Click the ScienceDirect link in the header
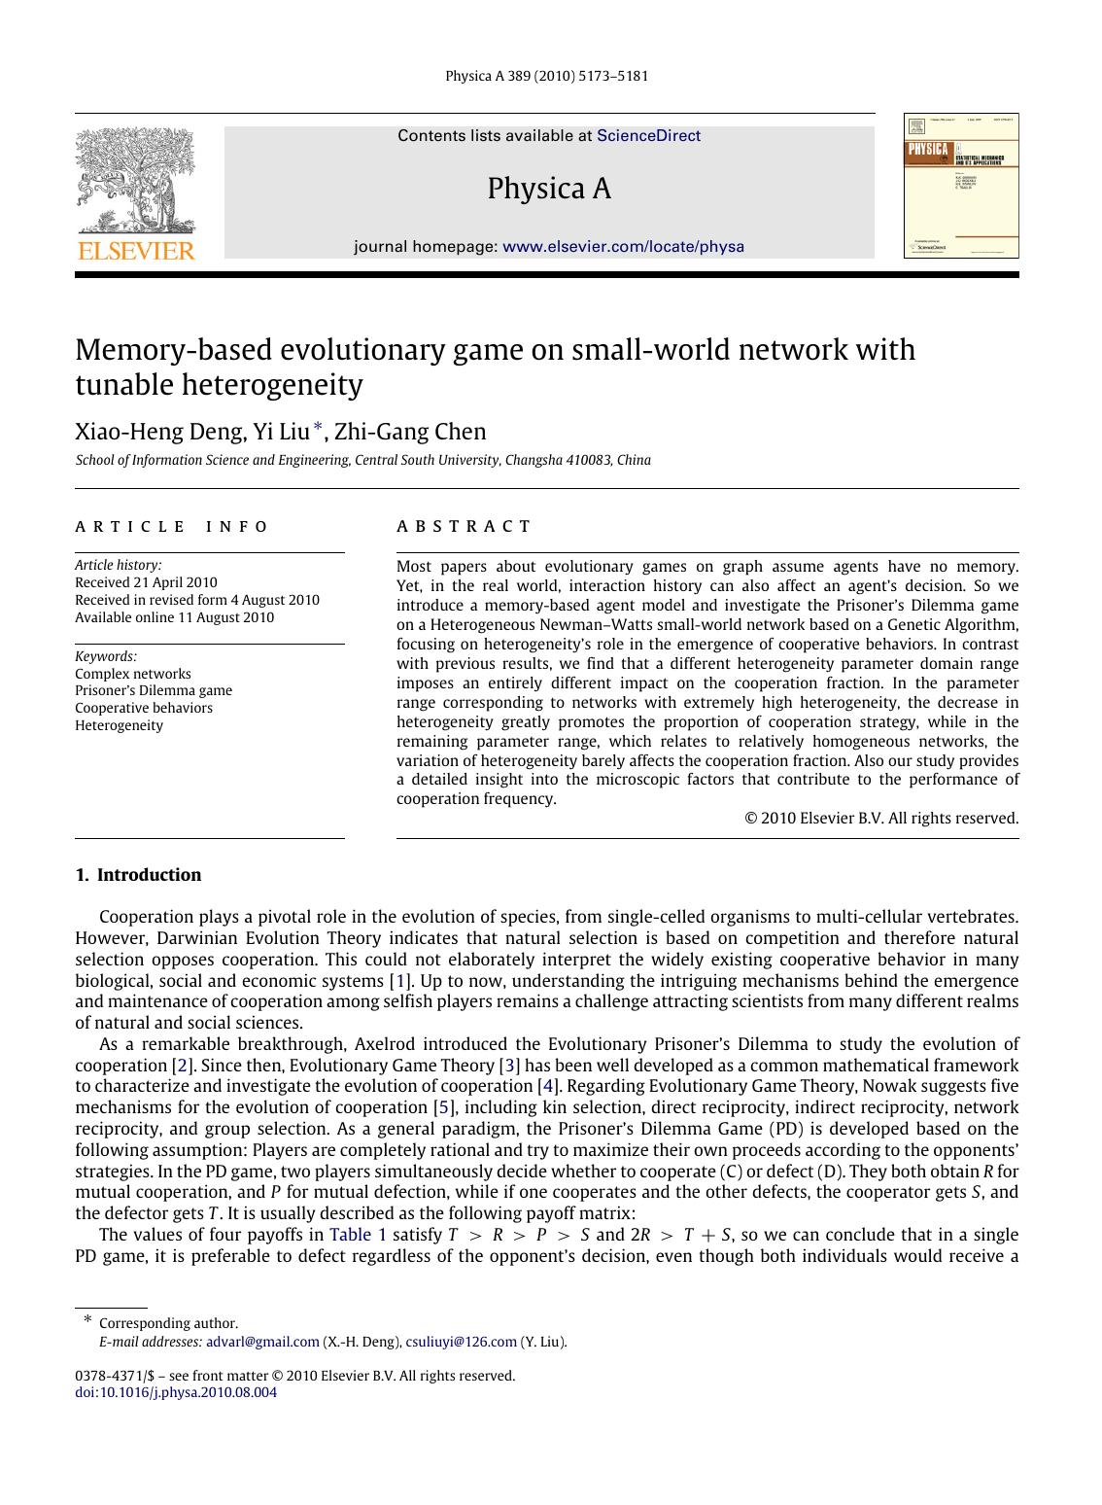648,136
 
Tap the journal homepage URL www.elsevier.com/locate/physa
623,247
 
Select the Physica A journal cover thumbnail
961,186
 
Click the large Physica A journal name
549,189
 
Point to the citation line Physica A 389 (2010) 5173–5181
546,76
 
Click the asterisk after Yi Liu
317,428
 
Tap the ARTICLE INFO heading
172,527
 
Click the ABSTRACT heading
464,527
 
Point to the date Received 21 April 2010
146,583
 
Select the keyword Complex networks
133,674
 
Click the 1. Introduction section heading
138,875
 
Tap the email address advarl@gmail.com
262,1342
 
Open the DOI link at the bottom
176,1392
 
